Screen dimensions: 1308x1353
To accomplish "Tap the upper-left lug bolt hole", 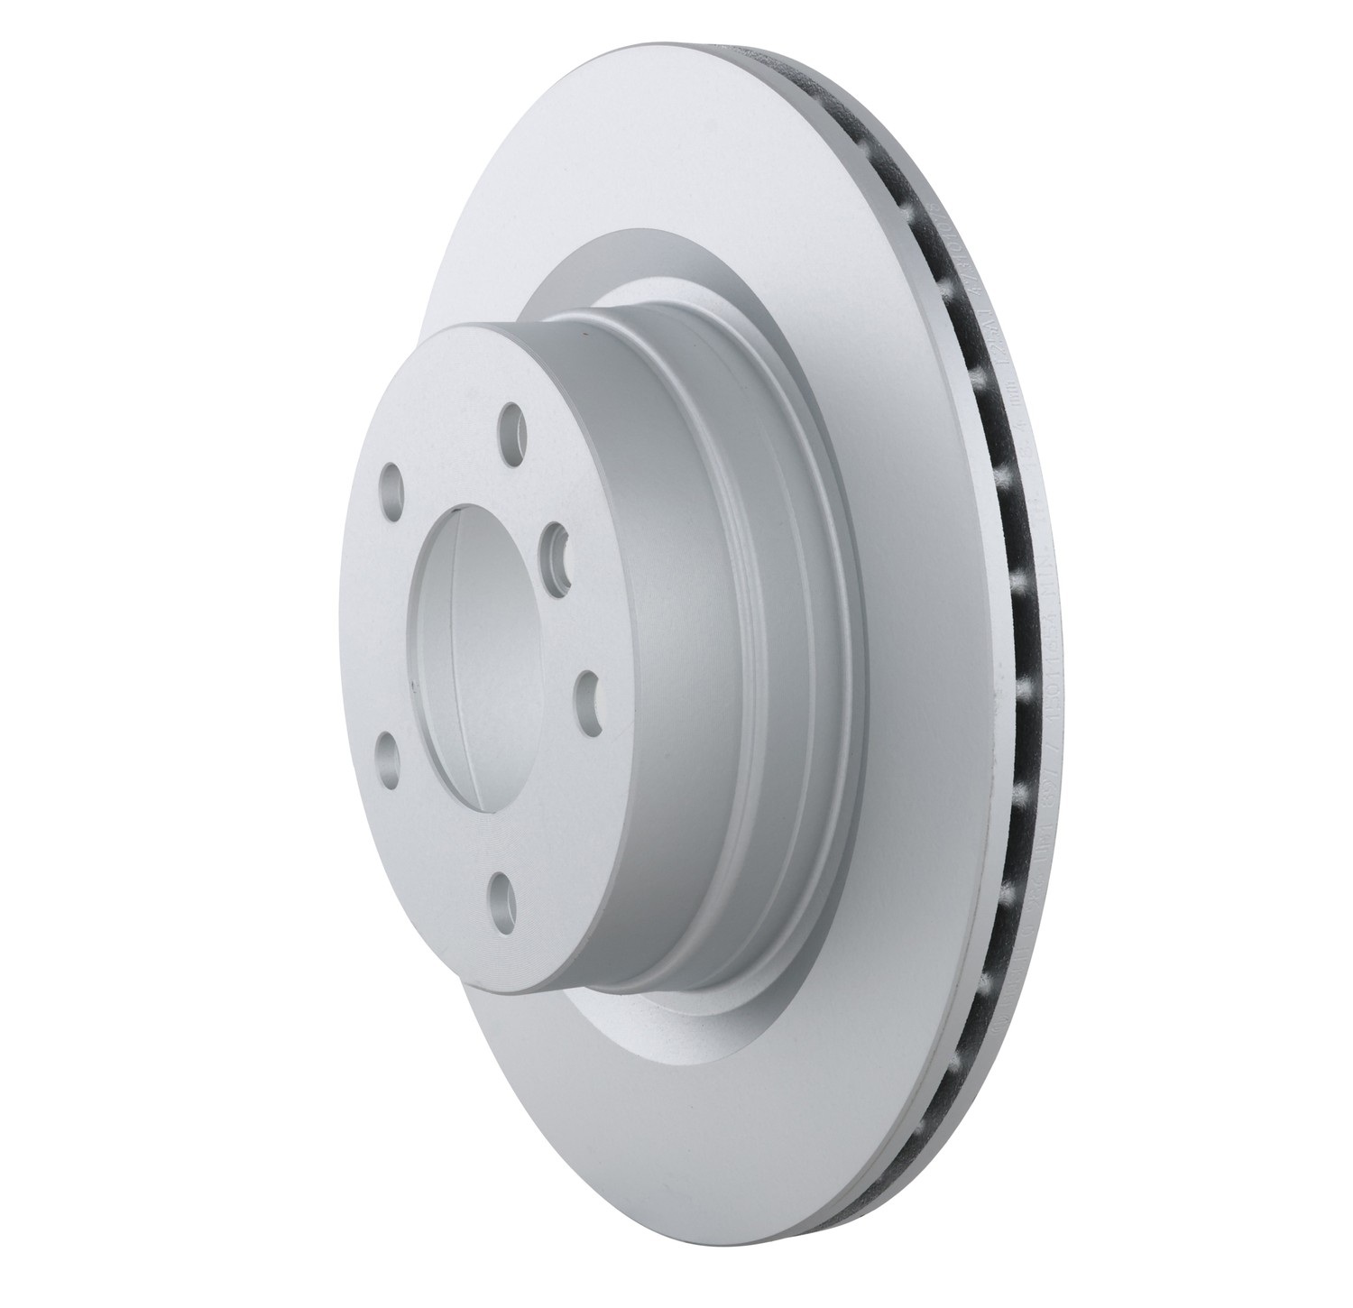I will [392, 477].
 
